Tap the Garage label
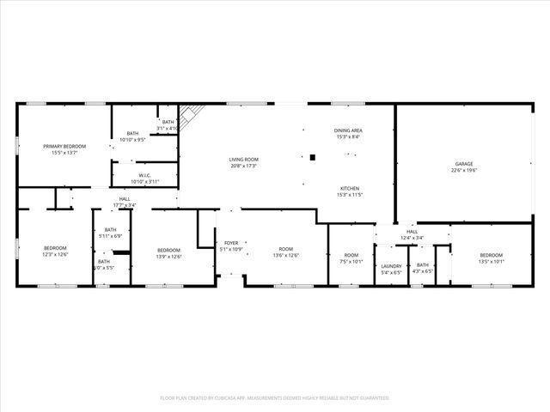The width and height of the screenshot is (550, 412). [x=464, y=164]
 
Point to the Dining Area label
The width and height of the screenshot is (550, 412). [x=348, y=130]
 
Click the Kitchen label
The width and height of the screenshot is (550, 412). [x=349, y=189]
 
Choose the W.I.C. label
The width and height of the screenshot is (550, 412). [x=144, y=176]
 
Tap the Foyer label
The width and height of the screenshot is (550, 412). [x=231, y=243]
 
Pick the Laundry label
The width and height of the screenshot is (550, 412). [x=391, y=266]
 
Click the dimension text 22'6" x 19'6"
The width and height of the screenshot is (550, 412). [x=464, y=171]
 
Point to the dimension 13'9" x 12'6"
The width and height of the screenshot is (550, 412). [x=168, y=257]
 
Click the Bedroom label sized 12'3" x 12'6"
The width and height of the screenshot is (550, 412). [x=55, y=249]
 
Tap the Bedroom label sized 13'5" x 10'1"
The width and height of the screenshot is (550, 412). [x=492, y=255]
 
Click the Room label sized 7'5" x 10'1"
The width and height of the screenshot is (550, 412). [x=351, y=255]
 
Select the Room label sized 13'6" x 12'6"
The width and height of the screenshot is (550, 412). [x=286, y=249]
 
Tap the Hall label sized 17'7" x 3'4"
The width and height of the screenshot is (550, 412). [x=125, y=199]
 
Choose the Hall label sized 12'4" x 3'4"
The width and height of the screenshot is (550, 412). [x=412, y=232]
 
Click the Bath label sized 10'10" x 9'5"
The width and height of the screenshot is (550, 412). [x=132, y=133]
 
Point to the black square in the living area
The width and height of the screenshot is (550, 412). [x=313, y=157]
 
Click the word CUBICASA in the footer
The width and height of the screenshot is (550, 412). [x=237, y=397]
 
